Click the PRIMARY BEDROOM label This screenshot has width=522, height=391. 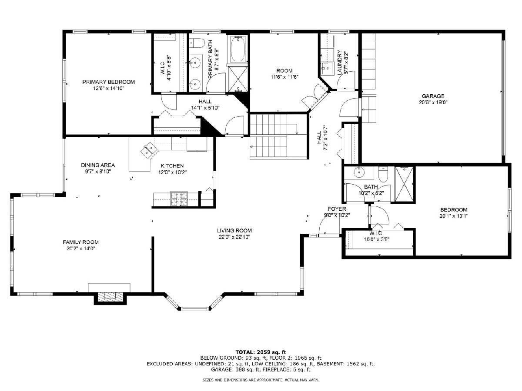click(x=108, y=82)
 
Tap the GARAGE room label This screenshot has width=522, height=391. click(x=432, y=96)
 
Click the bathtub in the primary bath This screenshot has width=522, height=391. click(x=238, y=49)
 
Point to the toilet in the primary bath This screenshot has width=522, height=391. click(x=197, y=43)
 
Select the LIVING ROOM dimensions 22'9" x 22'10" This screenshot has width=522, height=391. click(x=234, y=237)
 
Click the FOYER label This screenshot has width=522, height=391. click(x=337, y=209)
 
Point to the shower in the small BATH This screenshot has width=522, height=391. click(x=404, y=184)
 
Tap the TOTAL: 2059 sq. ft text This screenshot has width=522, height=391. click(x=261, y=352)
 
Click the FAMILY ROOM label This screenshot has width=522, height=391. click(x=80, y=242)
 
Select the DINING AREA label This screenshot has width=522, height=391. click(x=98, y=165)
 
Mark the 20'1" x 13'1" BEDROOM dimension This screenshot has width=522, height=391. click(x=454, y=216)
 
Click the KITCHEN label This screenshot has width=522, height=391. click(x=172, y=166)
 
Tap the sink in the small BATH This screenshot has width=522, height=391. click(x=359, y=172)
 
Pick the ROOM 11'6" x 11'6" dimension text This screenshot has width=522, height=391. click(x=284, y=77)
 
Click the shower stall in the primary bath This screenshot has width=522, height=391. click(x=238, y=80)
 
